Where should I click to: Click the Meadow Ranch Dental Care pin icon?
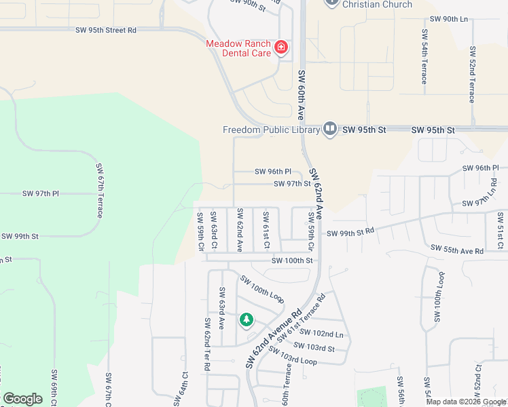[280, 47]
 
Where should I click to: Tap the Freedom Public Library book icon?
[330, 128]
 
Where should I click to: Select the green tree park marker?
[246, 319]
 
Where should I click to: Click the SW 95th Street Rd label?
[107, 31]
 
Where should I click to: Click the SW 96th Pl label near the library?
[273, 172]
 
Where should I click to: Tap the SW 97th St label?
[293, 184]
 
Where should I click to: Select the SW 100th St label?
[292, 260]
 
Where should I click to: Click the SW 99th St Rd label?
[350, 233]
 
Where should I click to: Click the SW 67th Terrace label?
[99, 190]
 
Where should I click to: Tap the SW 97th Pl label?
[41, 194]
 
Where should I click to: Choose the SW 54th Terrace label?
[424, 56]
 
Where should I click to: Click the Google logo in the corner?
[22, 399]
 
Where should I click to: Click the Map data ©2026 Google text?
[466, 402]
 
